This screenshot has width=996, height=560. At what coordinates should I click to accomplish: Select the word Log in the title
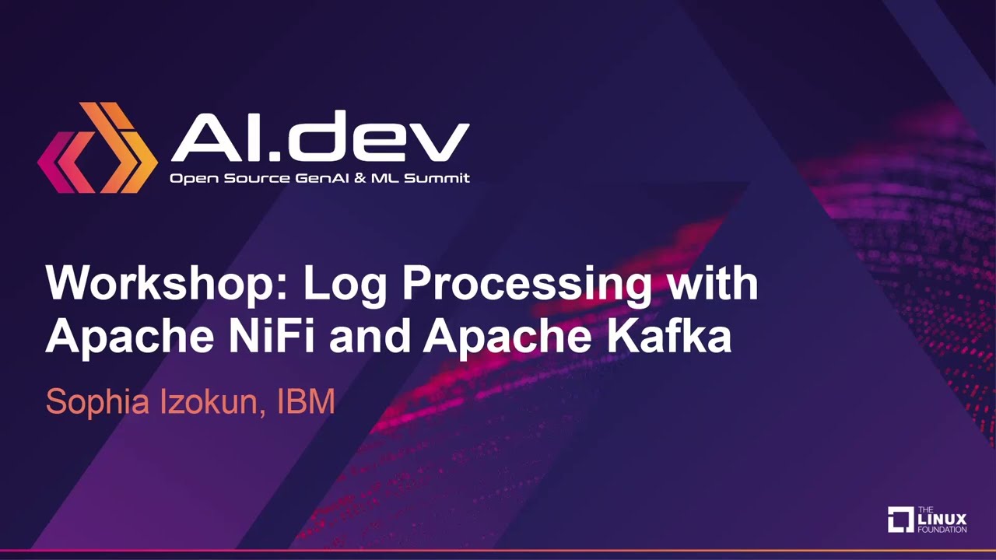345,285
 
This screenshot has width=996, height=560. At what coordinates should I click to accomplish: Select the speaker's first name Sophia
97,403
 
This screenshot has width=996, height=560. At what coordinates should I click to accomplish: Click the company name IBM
306,401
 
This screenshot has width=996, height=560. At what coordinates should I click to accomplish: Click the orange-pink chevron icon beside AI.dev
98,148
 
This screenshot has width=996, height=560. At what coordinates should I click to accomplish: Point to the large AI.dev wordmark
320,136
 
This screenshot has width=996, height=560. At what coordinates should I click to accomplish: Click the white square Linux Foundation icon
901,520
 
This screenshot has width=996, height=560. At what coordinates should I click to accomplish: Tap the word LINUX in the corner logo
942,520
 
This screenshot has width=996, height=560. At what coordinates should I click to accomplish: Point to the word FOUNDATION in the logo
942,530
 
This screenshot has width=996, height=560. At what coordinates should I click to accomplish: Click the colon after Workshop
281,289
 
